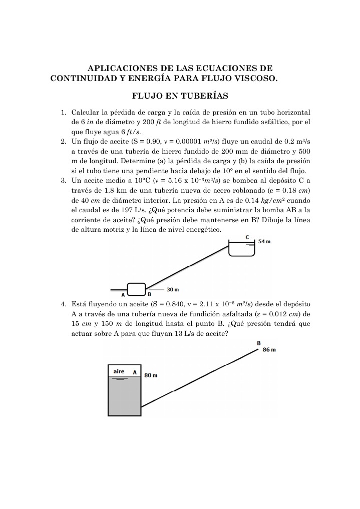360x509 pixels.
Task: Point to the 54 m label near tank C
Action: pos(264,242)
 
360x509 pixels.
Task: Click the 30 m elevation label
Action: pos(173,289)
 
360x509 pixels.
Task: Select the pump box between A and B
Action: pos(136,289)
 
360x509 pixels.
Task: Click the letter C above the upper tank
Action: pos(247,237)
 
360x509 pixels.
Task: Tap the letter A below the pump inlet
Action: pos(123,295)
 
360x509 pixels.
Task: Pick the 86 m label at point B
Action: pos(269,349)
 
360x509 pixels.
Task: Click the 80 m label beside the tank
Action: pos(151,375)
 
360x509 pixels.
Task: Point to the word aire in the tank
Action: pos(119,372)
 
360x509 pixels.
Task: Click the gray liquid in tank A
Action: pos(124,398)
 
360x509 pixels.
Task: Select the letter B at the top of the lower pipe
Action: pos(258,343)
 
